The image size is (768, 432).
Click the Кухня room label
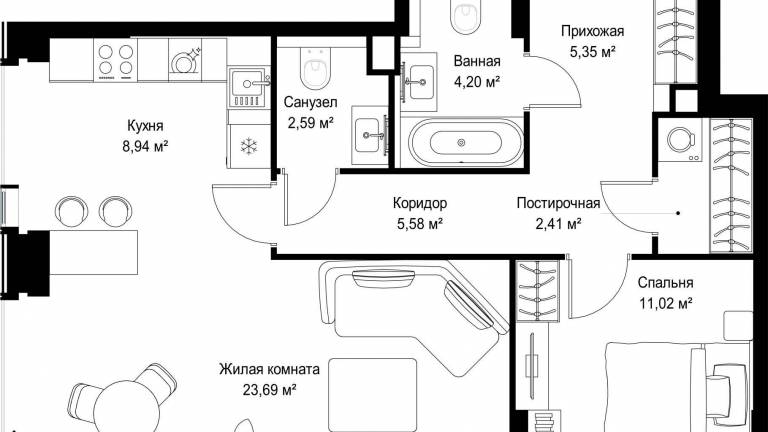click(145, 126)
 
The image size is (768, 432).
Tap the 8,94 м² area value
click(145, 146)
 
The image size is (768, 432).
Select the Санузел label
click(311, 102)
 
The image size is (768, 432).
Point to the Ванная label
click(477, 61)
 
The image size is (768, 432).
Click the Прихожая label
click(593, 31)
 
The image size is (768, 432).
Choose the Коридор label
click(420, 203)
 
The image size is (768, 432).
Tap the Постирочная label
click(558, 203)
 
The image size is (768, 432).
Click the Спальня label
click(665, 283)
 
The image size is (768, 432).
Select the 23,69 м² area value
click(269, 390)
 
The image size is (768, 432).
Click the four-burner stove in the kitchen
click(115, 60)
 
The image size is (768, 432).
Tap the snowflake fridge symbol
click(249, 146)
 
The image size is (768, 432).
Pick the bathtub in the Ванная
click(461, 143)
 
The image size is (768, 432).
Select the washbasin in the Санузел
click(370, 135)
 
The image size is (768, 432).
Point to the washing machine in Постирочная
click(680, 140)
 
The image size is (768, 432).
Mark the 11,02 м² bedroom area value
click(665, 303)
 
